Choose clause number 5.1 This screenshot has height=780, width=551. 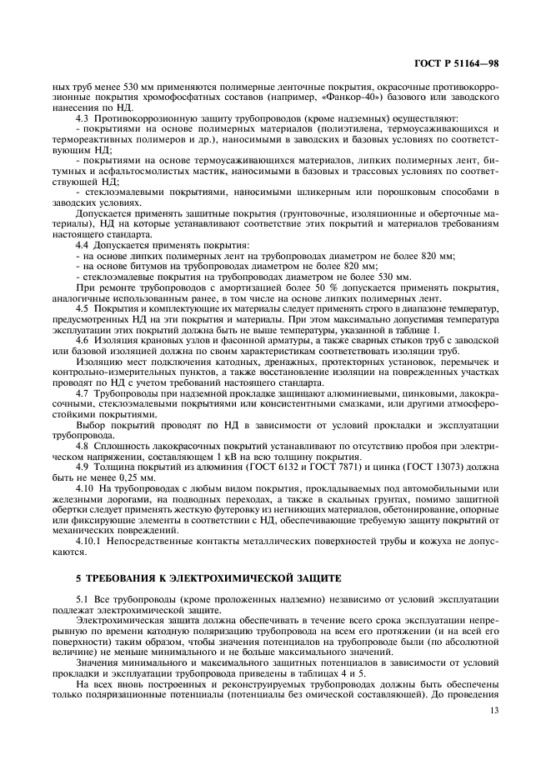82,599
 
